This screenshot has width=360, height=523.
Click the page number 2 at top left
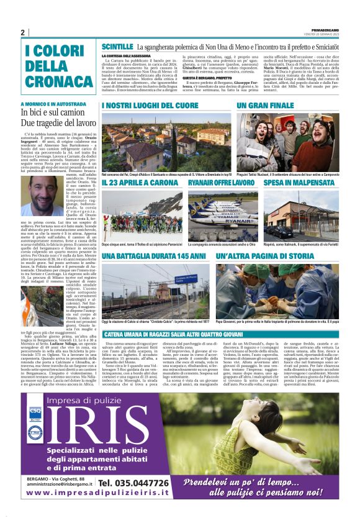[23, 32]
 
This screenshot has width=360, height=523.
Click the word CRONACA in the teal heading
[52, 82]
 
